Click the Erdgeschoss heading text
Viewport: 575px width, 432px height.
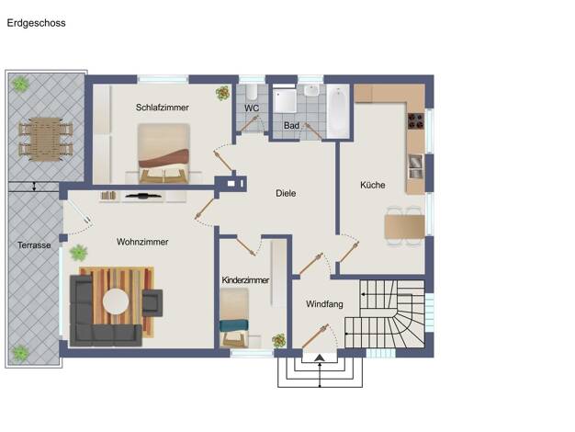[37, 23]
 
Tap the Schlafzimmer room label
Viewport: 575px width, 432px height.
[162, 108]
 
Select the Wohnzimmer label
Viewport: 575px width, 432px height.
[142, 242]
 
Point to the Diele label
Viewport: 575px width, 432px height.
[286, 193]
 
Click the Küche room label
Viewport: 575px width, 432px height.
[373, 185]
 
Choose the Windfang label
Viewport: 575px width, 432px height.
[324, 304]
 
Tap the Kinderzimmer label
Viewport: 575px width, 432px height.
[245, 280]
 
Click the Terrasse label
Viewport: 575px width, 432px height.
[34, 245]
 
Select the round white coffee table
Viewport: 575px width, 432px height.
[116, 301]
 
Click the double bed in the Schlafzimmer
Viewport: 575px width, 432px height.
[163, 153]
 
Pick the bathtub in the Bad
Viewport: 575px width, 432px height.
[338, 111]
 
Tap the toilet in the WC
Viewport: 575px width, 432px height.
[252, 92]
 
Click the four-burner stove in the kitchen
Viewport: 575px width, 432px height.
[416, 121]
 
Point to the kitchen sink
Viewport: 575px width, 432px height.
[415, 166]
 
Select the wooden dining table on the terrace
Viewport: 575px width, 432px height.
[46, 140]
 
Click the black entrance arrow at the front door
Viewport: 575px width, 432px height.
[320, 358]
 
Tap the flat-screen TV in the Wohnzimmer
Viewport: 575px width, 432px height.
[143, 196]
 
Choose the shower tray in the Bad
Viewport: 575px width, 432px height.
[285, 101]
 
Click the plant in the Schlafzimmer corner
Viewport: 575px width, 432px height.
[223, 93]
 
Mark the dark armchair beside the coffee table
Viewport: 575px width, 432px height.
[152, 302]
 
